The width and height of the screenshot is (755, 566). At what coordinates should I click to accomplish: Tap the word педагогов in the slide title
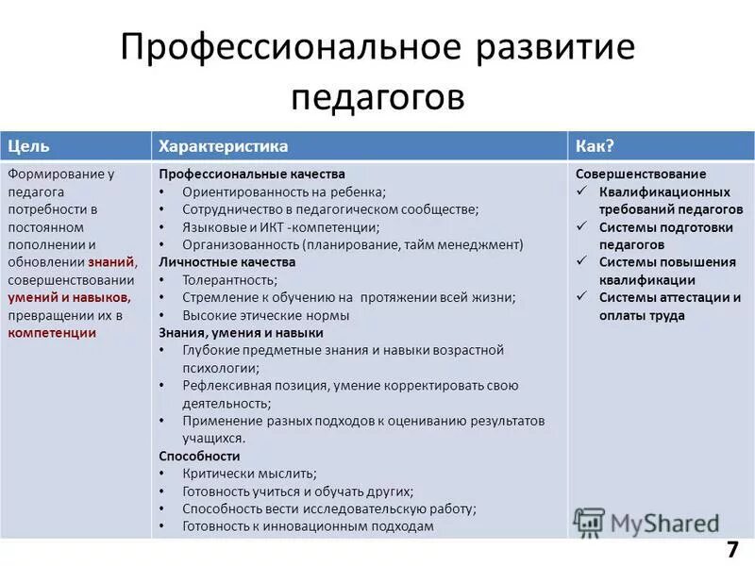point(377,95)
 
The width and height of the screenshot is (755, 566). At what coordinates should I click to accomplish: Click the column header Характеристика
point(224,146)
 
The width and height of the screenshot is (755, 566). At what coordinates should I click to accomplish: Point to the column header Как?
point(595,146)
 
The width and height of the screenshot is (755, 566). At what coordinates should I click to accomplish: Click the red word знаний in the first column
point(112,262)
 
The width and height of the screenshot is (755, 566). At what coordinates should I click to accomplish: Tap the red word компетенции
point(52,333)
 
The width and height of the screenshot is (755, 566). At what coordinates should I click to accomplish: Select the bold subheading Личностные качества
point(227,262)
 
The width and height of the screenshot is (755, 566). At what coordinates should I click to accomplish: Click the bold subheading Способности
point(199,456)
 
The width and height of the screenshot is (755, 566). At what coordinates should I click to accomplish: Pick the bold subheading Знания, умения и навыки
point(241,333)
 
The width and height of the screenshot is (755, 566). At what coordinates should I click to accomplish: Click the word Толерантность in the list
point(229,280)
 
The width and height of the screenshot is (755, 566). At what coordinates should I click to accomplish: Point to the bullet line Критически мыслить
point(249,474)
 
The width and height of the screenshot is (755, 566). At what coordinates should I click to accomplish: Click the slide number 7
point(732,551)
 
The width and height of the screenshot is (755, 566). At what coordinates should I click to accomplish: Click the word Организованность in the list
point(236,244)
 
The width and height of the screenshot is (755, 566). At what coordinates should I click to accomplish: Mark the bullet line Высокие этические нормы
point(266,315)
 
